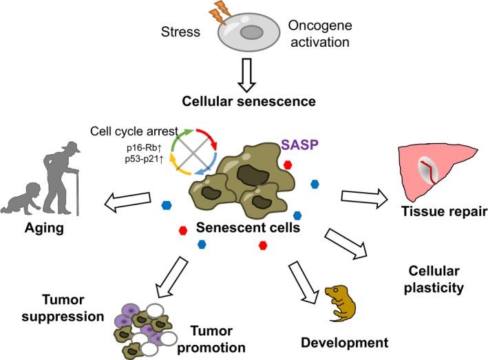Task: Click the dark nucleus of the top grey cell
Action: pos(250,31)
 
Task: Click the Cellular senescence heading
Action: pos(249,101)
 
